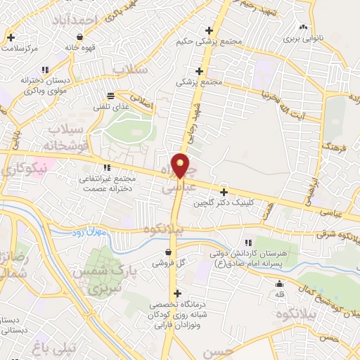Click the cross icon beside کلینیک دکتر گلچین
coord(224,192)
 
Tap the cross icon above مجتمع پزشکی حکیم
coord(207,30)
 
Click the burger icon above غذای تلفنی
coord(109,96)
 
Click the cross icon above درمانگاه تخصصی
coord(177,293)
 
